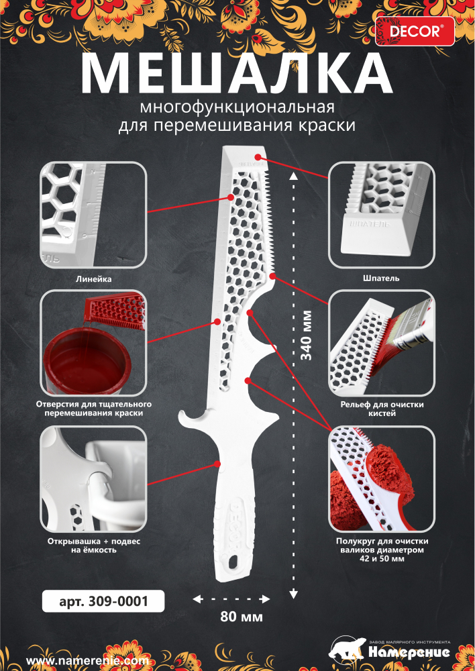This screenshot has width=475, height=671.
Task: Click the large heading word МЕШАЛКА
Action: pyautogui.click(x=237, y=72)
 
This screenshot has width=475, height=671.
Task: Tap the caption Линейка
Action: pyautogui.click(x=93, y=277)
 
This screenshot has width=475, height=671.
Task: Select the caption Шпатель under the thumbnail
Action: pyautogui.click(x=381, y=277)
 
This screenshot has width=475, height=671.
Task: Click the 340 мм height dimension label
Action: pyautogui.click(x=307, y=335)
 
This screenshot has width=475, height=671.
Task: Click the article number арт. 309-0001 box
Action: pyautogui.click(x=103, y=601)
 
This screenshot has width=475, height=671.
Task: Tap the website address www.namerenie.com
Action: pyautogui.click(x=87, y=661)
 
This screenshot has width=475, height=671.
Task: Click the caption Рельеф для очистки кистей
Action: pyautogui.click(x=381, y=409)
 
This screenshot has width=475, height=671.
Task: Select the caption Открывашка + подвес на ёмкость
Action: pyautogui.click(x=93, y=545)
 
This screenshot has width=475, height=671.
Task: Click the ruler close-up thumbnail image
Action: pyautogui.click(x=93, y=215)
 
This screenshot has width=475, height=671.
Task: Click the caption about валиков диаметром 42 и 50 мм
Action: pyautogui.click(x=381, y=550)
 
